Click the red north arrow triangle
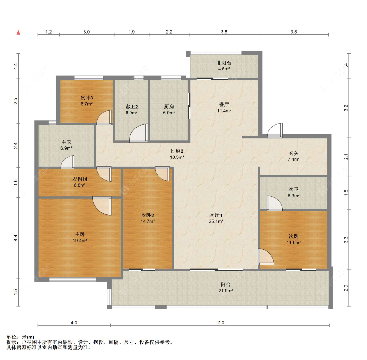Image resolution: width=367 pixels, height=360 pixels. tap(18, 32)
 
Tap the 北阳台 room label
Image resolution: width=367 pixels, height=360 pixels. tap(224, 63)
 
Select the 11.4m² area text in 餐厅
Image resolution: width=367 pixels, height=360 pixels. tap(224, 111)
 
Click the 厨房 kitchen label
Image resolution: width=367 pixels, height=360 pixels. tap(169, 107)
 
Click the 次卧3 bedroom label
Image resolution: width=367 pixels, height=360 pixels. tap(86, 98)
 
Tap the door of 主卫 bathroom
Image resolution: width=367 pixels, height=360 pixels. tap(68, 162)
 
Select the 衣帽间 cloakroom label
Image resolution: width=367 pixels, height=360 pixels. tap(80, 179)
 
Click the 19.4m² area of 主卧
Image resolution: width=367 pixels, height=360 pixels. tap(80, 240)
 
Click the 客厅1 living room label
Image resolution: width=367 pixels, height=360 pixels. tap(216, 215)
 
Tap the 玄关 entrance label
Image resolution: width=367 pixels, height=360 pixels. tap(294, 153)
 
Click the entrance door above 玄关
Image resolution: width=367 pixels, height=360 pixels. tap(275, 130)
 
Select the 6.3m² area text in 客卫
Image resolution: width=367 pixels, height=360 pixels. tap(294, 196)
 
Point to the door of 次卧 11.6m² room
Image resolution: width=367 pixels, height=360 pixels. tap(266, 257)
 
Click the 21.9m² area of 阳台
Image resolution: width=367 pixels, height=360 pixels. tap(226, 291)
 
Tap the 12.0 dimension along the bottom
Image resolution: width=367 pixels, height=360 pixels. tap(220, 323)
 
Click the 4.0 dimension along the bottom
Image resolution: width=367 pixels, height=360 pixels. tap(74, 323)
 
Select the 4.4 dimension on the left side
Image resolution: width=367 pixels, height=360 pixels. tap(15, 238)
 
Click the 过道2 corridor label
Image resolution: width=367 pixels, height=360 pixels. tap(177, 151)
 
